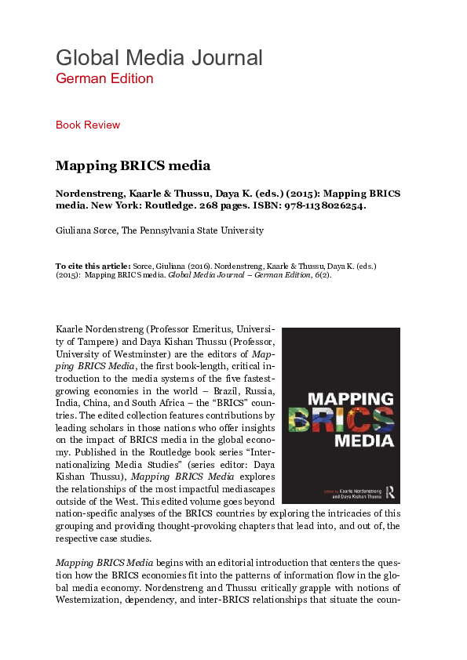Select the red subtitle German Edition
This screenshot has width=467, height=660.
[104, 78]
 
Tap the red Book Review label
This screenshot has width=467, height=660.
[88, 125]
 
